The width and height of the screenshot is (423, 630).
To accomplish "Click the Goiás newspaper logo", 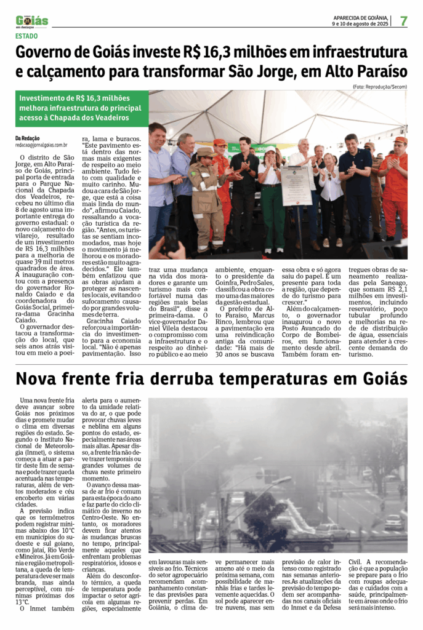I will point(32,22).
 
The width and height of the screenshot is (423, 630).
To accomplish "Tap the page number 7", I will point(404,21).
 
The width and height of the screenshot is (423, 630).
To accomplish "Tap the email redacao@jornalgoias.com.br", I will point(41,145).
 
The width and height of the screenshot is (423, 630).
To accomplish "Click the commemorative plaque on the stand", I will point(297,185).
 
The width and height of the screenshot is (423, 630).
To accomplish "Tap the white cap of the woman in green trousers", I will point(269,150).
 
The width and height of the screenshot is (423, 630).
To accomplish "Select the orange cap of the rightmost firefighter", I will point(400,140).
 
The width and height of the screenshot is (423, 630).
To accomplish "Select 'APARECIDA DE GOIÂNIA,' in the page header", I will point(361,18).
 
